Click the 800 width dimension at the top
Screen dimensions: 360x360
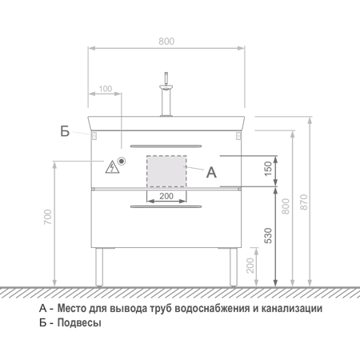pyautogui.click(x=166, y=42)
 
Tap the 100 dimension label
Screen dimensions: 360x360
pyautogui.click(x=106, y=89)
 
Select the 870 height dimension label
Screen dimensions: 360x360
pyautogui.click(x=304, y=202)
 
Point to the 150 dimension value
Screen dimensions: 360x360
pyautogui.click(x=268, y=168)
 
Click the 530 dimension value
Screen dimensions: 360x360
pyautogui.click(x=268, y=235)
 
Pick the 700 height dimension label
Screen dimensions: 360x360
pyautogui.click(x=48, y=217)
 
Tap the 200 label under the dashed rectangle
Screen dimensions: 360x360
pyautogui.click(x=166, y=196)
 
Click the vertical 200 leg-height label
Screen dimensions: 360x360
pyautogui.click(x=250, y=265)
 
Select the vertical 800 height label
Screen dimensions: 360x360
pyautogui.click(x=286, y=206)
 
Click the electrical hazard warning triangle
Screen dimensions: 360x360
pyautogui.click(x=112, y=167)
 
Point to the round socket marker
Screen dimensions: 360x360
pyautogui.click(x=122, y=161)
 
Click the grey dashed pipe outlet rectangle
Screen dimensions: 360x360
pyautogui.click(x=166, y=171)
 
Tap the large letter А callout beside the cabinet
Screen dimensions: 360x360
pyautogui.click(x=211, y=172)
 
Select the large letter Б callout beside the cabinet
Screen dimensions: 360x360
pyautogui.click(x=65, y=131)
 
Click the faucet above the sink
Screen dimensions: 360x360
pyautogui.click(x=166, y=94)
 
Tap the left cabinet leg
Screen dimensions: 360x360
pyautogui.click(x=99, y=267)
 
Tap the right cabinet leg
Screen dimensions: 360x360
pyautogui.click(x=234, y=267)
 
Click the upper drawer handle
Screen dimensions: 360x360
pyautogui.click(x=166, y=146)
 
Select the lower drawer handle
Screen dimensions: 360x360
pyautogui.click(x=166, y=206)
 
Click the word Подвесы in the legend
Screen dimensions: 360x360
pyautogui.click(x=79, y=322)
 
